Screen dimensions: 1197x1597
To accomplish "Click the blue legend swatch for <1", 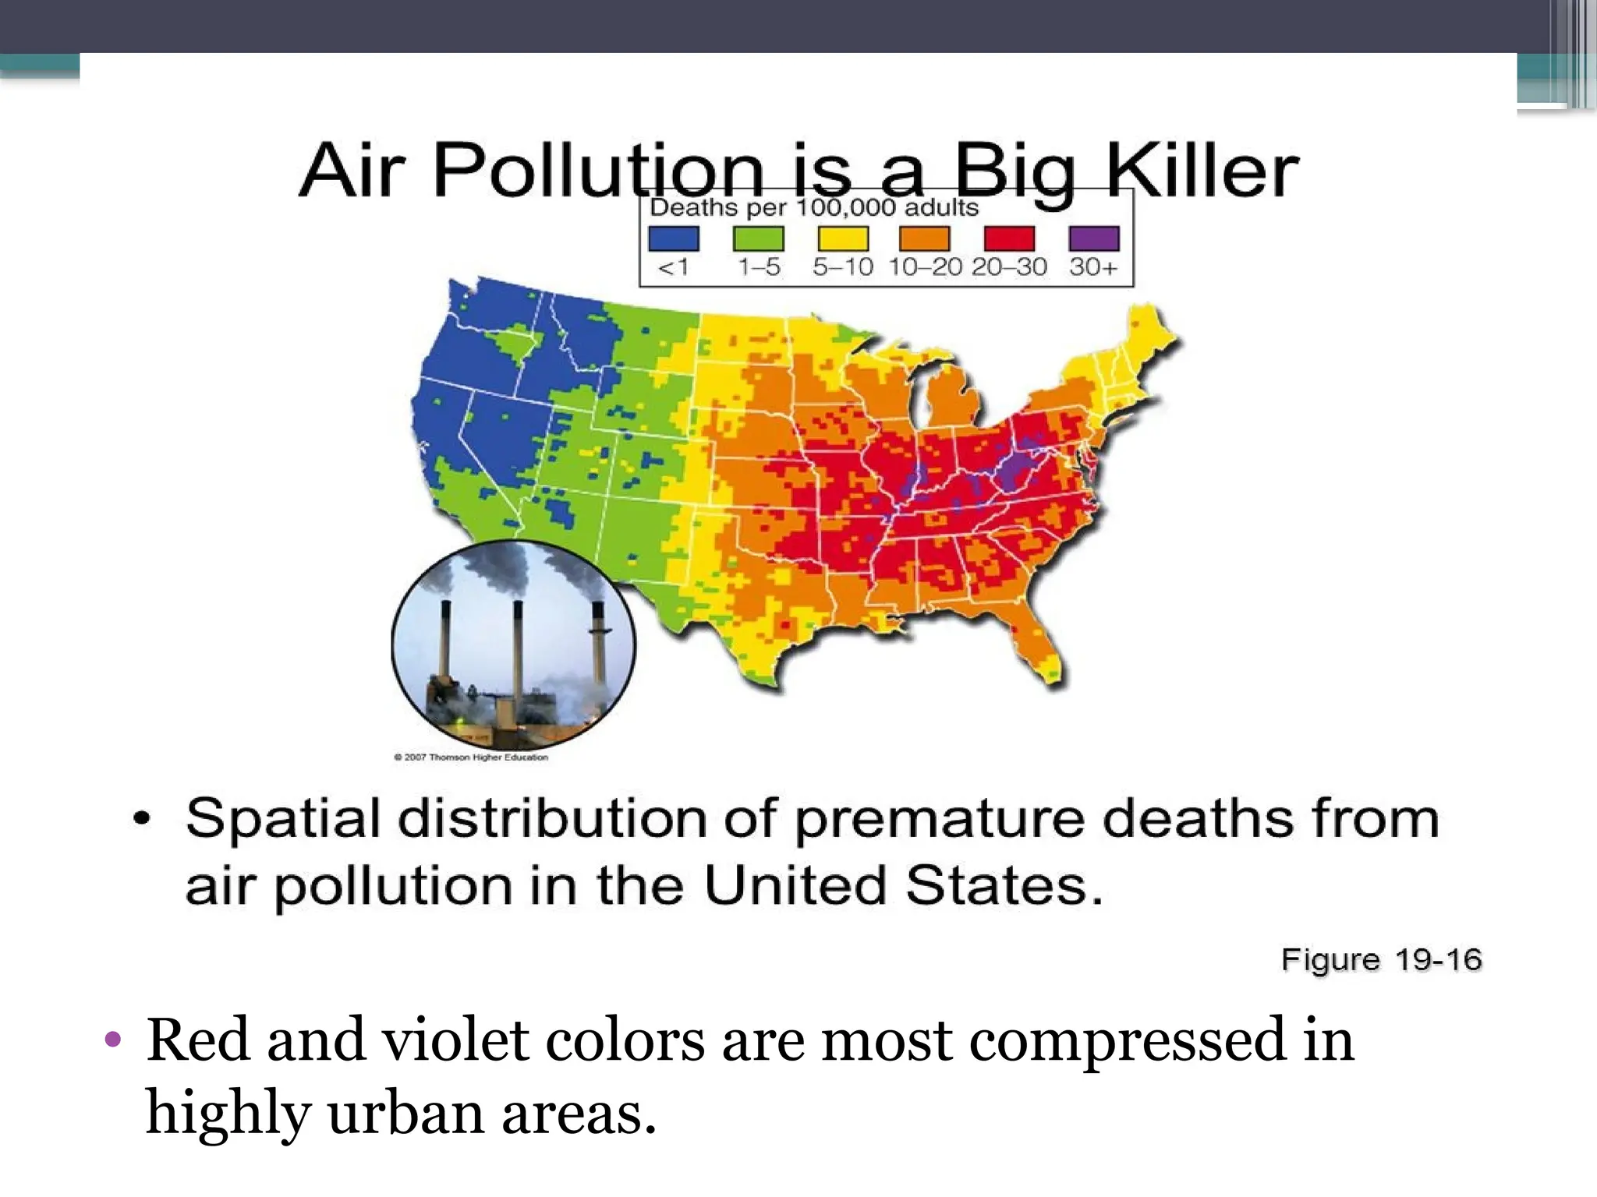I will click(x=674, y=238).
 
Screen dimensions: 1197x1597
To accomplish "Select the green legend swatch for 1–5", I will click(x=758, y=238).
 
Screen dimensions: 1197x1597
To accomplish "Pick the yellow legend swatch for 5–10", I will click(x=843, y=238).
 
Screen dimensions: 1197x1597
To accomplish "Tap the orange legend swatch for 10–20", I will click(x=925, y=238).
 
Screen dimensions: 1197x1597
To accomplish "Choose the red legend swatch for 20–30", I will click(x=1009, y=238).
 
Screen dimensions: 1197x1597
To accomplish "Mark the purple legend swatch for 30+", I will click(x=1094, y=238).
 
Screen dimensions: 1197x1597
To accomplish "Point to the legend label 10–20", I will click(x=926, y=267).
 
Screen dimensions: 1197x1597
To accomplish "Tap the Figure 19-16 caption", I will click(x=1381, y=959).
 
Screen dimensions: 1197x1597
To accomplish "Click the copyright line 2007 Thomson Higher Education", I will click(x=471, y=757).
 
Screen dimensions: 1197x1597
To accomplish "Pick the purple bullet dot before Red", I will click(x=113, y=1040).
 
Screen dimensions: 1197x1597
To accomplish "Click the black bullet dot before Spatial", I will click(x=141, y=819).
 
